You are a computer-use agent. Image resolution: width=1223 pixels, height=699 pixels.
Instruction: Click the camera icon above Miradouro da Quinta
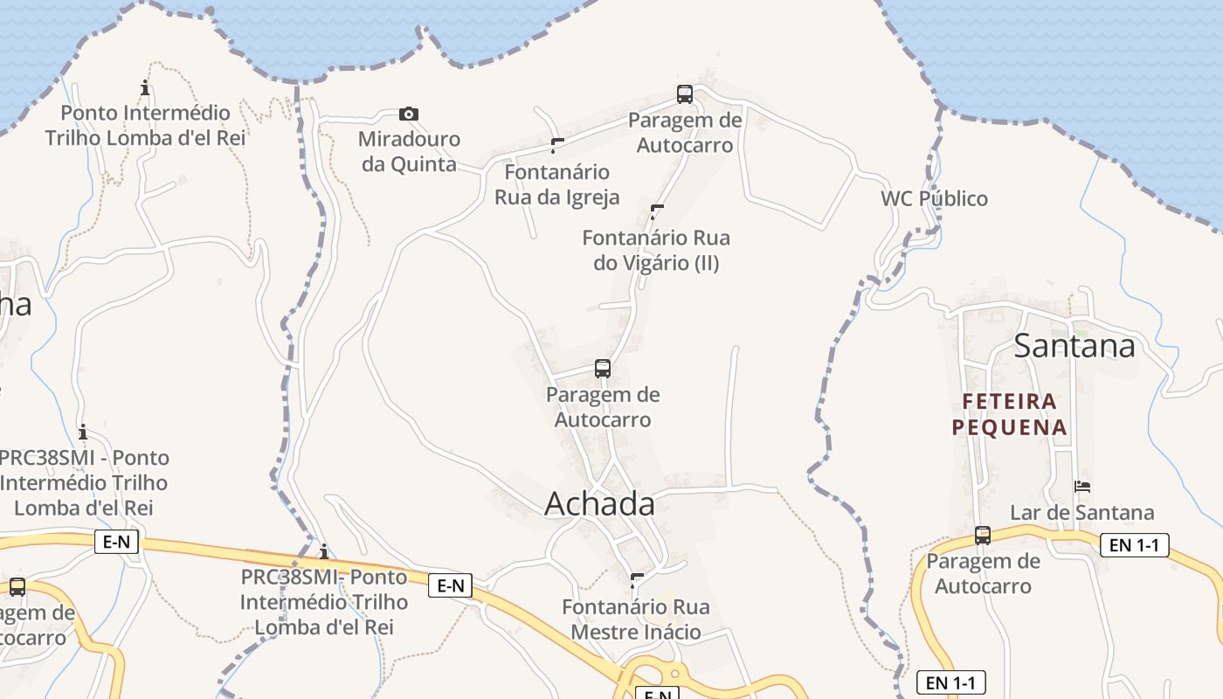point(408,114)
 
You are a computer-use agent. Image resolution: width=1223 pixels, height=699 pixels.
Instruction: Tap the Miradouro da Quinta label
point(409,151)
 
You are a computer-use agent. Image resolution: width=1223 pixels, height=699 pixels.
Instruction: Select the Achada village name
point(599,504)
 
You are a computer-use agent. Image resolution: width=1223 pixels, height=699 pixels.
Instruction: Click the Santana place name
point(1074,346)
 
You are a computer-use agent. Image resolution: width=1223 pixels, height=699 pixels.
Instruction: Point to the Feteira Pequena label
point(1010,414)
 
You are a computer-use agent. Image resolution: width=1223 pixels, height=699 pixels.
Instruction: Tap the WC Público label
point(934,198)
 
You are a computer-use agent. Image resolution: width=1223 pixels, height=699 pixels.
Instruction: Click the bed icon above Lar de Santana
point(1082,487)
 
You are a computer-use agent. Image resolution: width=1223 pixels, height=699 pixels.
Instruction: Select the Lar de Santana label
point(1082,512)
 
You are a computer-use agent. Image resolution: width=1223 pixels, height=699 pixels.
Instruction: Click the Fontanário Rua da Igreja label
point(557,184)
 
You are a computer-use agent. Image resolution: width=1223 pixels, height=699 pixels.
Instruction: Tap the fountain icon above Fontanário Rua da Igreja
point(556,145)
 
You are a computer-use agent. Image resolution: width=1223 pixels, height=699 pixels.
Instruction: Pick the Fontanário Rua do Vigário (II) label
point(656,250)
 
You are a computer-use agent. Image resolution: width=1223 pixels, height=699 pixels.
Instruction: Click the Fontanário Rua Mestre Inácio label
point(635,619)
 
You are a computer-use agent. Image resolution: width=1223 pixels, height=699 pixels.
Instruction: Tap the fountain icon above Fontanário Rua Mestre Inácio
point(637,580)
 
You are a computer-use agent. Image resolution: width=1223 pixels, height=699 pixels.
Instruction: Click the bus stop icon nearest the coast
point(685,94)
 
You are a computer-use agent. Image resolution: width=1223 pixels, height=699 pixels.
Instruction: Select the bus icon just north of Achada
point(603,369)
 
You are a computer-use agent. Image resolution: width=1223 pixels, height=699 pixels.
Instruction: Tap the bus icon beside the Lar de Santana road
point(983,535)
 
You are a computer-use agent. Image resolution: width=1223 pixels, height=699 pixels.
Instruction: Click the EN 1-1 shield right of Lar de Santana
point(1134,545)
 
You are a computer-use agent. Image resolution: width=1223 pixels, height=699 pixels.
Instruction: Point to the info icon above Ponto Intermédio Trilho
point(145,87)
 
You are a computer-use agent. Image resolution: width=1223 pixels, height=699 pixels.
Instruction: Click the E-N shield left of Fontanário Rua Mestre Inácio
point(450,585)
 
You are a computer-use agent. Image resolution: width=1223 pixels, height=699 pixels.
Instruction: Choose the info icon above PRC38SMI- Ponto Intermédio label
point(324,551)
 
